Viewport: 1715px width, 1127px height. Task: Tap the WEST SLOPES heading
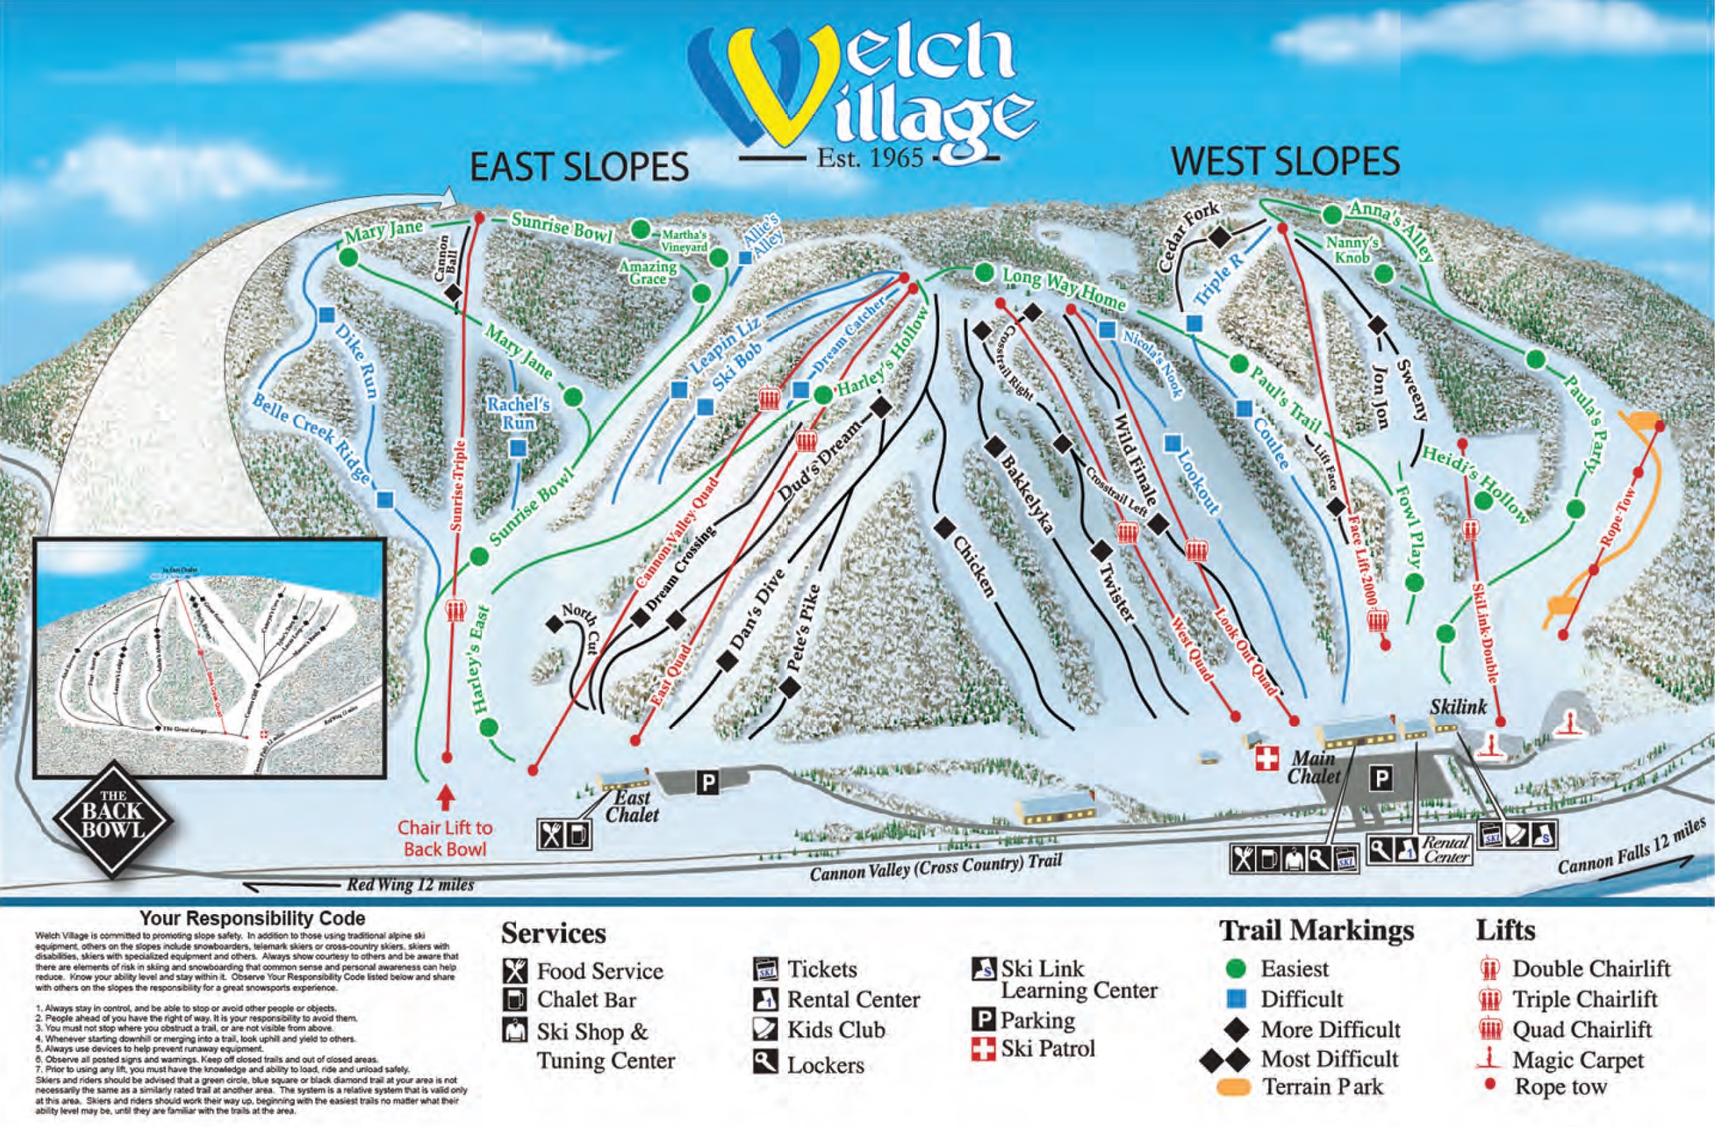[1285, 161]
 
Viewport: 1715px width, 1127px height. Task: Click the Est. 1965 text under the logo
[869, 157]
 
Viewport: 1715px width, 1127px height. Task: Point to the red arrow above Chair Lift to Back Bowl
[446, 797]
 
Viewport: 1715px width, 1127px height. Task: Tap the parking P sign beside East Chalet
[708, 783]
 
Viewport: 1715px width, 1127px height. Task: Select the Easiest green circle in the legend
[1236, 968]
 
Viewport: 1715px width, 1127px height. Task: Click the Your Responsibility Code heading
[252, 919]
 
